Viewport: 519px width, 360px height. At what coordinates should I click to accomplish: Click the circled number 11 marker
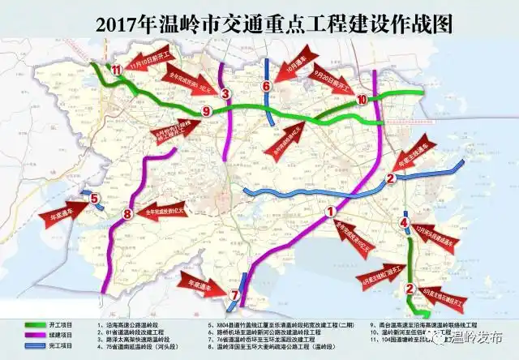click(117, 71)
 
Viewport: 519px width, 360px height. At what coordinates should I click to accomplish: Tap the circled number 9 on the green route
click(206, 110)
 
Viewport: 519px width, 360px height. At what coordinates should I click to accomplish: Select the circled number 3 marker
click(226, 93)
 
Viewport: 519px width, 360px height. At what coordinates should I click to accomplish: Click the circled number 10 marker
click(362, 100)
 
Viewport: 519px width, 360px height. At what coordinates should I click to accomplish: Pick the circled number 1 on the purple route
click(330, 212)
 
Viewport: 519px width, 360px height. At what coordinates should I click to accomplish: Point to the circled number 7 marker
click(234, 294)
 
